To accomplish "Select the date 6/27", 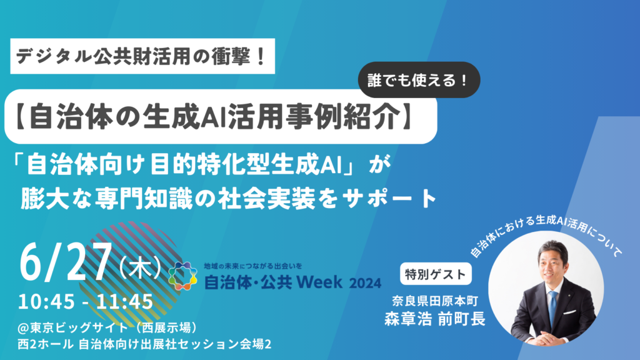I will [x=66, y=264].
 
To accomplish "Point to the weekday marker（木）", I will [x=139, y=269].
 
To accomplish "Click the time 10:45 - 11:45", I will [x=86, y=302].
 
